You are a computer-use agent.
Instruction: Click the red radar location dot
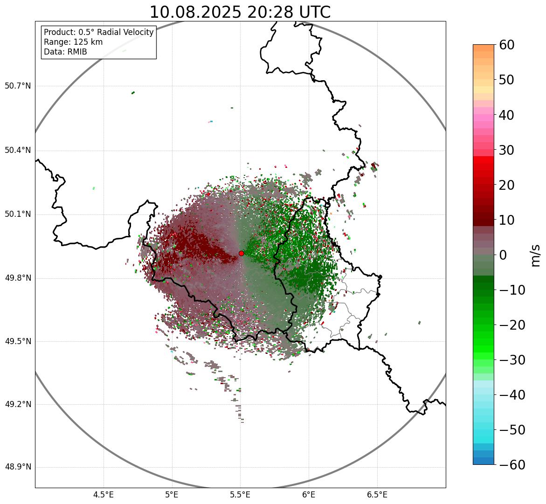pyautogui.click(x=241, y=253)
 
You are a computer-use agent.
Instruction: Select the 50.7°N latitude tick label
pyautogui.click(x=18, y=86)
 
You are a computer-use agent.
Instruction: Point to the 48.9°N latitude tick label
pyautogui.click(x=18, y=467)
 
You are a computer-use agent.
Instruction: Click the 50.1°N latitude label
pyautogui.click(x=18, y=214)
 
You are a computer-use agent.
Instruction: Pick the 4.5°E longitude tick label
pyautogui.click(x=104, y=495)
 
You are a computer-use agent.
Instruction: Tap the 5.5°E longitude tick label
pyautogui.click(x=240, y=495)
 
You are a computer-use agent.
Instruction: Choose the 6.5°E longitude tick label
pyautogui.click(x=377, y=495)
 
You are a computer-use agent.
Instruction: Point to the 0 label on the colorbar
pyautogui.click(x=503, y=255)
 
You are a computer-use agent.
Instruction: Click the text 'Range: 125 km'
pyautogui.click(x=73, y=42)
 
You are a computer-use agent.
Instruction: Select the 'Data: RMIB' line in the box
pyautogui.click(x=65, y=52)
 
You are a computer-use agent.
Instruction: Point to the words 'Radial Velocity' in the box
pyautogui.click(x=126, y=32)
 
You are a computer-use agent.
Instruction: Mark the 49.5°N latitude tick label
pyautogui.click(x=18, y=341)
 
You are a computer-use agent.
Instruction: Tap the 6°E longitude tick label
pyautogui.click(x=309, y=495)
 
